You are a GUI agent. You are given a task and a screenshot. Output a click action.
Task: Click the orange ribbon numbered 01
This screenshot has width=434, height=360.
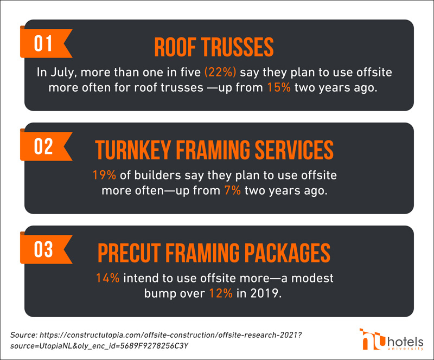click(x=44, y=43)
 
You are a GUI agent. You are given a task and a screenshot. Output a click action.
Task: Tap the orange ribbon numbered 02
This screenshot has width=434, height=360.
click(x=44, y=146)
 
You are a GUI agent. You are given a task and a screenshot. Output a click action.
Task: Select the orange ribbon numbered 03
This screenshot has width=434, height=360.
click(x=44, y=249)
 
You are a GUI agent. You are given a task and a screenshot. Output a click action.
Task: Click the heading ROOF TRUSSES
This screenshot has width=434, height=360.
click(x=214, y=47)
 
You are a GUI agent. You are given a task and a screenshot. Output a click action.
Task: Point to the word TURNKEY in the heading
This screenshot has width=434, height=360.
click(x=132, y=150)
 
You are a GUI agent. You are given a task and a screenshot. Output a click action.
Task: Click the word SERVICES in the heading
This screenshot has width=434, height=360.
click(x=294, y=150)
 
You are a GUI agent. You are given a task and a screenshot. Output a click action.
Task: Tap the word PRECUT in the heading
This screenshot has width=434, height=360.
click(x=129, y=253)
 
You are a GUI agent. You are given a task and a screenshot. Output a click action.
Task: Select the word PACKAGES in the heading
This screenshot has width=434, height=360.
click(x=288, y=253)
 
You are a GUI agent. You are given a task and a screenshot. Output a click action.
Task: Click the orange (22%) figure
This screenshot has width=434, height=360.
click(x=220, y=72)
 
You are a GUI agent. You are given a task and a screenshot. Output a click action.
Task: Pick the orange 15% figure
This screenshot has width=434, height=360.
click(x=279, y=87)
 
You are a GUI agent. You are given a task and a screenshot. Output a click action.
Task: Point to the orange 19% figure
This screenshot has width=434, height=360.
click(x=104, y=175)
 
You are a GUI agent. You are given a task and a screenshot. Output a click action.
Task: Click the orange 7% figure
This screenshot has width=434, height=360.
click(x=233, y=190)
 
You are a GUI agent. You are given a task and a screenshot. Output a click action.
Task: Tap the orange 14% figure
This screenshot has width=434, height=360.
click(x=107, y=278)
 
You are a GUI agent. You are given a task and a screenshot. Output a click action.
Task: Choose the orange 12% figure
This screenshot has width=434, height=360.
click(x=221, y=293)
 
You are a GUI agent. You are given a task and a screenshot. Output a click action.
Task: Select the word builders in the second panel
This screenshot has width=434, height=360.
click(x=157, y=175)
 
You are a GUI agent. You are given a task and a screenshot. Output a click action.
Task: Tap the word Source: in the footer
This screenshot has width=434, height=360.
click(x=23, y=335)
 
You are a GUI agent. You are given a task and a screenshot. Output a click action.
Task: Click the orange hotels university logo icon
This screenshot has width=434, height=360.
click(x=372, y=339)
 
